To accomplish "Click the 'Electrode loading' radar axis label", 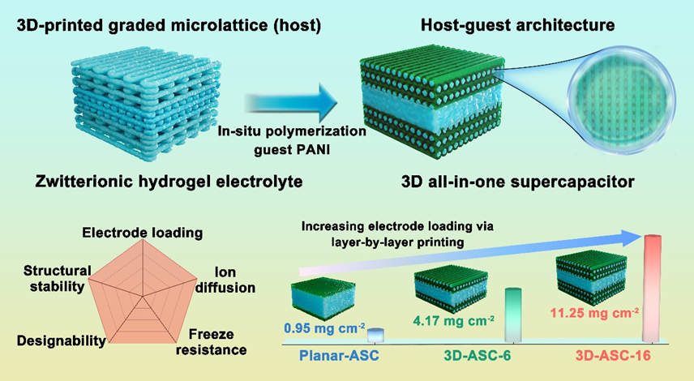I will coord(142,233).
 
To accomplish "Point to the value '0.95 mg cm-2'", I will coord(324,330).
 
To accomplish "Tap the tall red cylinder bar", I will coord(655,288).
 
